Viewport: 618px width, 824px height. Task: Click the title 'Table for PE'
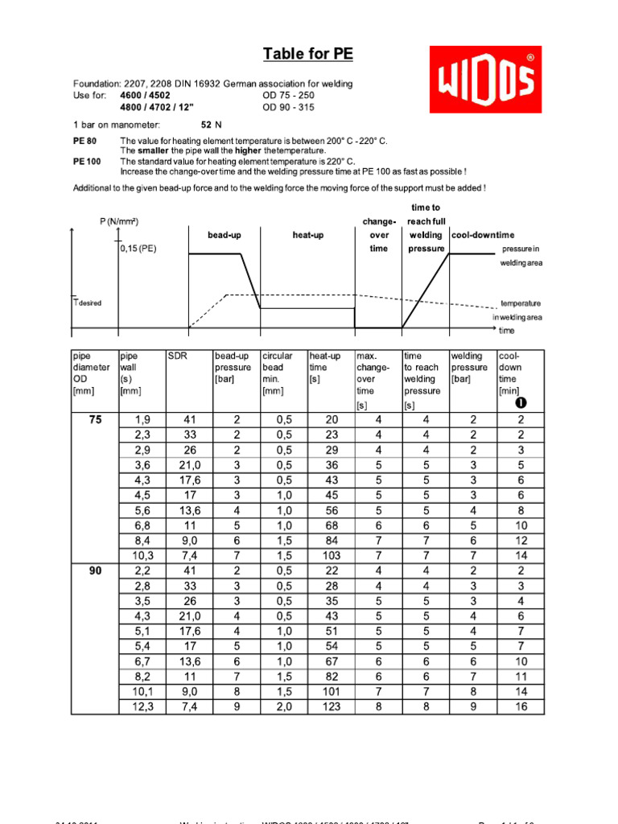(308, 55)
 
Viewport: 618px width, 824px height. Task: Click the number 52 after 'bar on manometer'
(207, 125)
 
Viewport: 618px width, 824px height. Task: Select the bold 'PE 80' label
(85, 141)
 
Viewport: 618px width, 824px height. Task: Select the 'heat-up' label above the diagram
(308, 235)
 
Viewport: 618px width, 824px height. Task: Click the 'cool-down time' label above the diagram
(483, 235)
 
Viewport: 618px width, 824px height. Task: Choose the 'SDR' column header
(177, 356)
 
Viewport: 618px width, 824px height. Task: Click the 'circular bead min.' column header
(277, 373)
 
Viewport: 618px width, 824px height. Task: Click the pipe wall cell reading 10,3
(142, 555)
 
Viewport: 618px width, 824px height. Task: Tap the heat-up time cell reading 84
(332, 540)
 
